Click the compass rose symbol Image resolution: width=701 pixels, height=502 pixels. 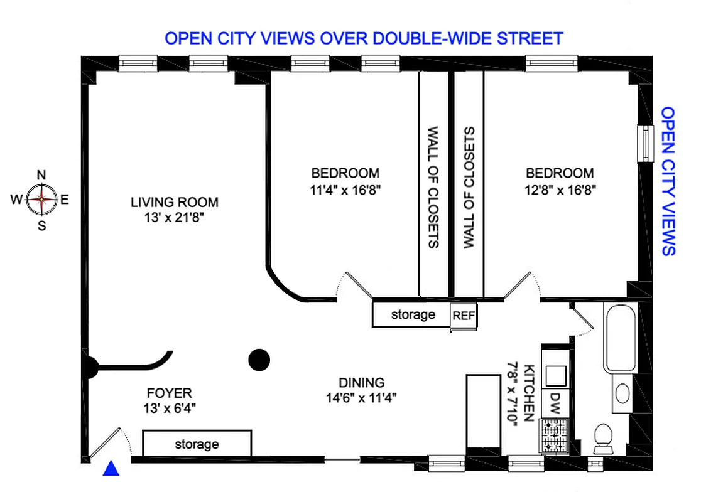click(41, 200)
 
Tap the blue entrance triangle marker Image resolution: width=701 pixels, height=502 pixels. click(111, 467)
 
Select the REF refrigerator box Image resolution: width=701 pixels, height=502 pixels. click(464, 316)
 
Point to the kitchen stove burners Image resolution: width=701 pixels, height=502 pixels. click(555, 434)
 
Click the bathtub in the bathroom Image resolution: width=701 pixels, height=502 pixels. click(621, 337)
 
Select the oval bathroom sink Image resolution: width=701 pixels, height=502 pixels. click(622, 393)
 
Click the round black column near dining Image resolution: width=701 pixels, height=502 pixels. click(259, 360)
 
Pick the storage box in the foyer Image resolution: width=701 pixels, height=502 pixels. click(197, 444)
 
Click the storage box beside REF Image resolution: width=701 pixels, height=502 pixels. click(412, 314)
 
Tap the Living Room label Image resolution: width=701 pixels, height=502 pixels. click(175, 202)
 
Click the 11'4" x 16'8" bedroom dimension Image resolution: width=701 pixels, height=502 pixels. click(345, 188)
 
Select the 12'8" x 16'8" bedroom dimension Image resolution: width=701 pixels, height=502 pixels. click(560, 188)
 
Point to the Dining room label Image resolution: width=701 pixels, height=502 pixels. click(361, 382)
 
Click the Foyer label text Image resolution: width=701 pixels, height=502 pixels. click(169, 393)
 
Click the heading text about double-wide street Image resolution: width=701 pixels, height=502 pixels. click(364, 38)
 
